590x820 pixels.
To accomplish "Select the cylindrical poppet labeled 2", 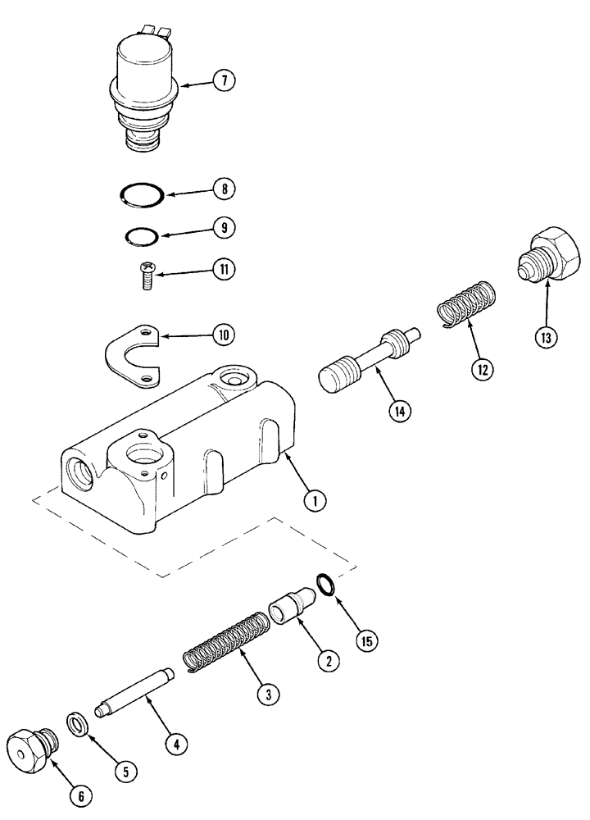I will coord(293,614).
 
